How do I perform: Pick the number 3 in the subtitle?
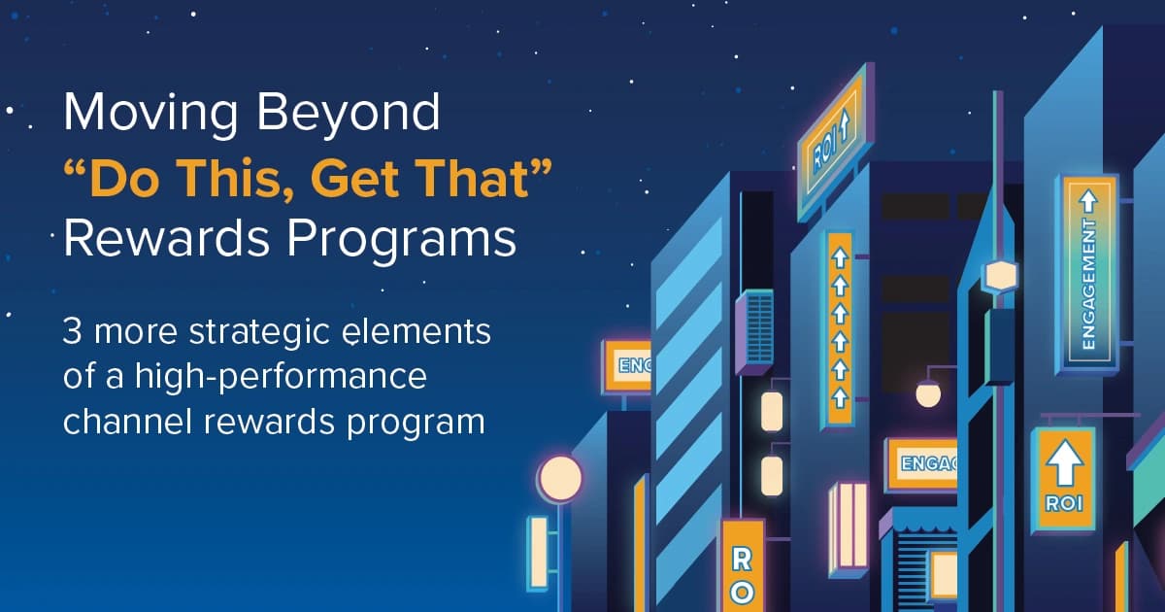point(72,332)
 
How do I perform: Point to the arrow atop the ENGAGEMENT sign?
point(1088,200)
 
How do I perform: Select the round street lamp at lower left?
point(560,478)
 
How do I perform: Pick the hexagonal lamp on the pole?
point(999,277)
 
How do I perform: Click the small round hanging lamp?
point(928,393)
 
